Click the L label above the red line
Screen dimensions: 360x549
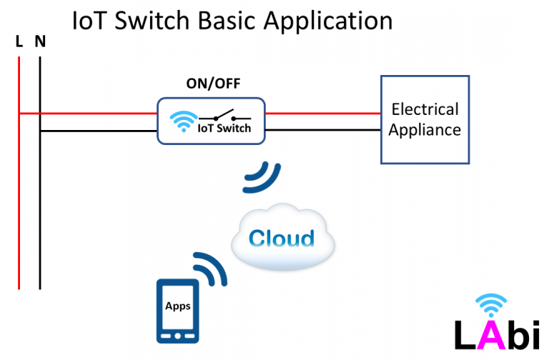(x=19, y=42)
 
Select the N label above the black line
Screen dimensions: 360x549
(x=40, y=42)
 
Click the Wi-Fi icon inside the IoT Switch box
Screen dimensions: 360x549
(x=184, y=120)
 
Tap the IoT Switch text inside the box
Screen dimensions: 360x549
(x=224, y=129)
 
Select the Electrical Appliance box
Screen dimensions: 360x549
(x=425, y=119)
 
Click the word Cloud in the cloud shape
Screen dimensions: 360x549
(x=282, y=238)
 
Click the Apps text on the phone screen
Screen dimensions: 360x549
(x=178, y=306)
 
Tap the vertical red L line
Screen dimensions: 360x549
(x=19, y=200)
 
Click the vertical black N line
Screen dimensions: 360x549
(x=40, y=214)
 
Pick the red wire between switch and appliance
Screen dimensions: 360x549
(x=322, y=113)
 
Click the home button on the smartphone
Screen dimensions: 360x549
(x=178, y=334)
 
